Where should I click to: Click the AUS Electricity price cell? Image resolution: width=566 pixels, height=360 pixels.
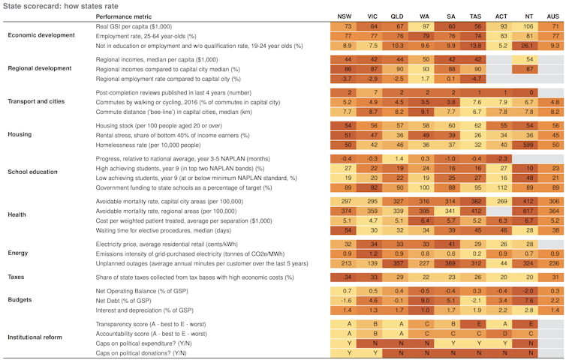pyautogui.click(x=552, y=244)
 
